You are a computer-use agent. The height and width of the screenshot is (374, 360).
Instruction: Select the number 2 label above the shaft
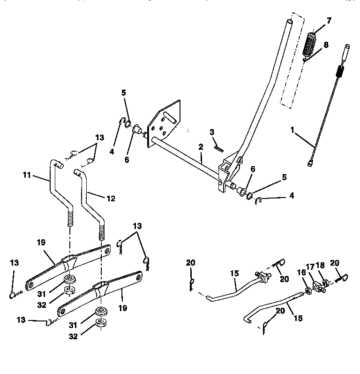pyautogui.click(x=201, y=147)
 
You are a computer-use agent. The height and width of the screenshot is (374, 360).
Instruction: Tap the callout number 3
pyautogui.click(x=212, y=133)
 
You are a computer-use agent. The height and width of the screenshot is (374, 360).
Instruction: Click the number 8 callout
pyautogui.click(x=326, y=45)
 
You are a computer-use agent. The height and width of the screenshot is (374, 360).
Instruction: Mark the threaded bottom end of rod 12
pyautogui.click(x=100, y=230)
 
